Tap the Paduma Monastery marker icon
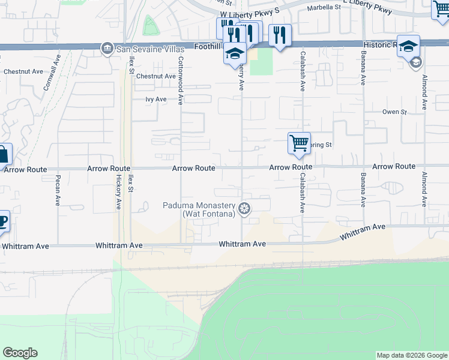(x=244, y=208)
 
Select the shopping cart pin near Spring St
(x=299, y=143)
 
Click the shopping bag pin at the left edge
(x=3, y=155)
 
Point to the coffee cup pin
(x=2, y=221)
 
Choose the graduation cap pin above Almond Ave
(x=408, y=46)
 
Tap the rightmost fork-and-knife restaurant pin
(x=280, y=35)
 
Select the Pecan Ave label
(x=58, y=191)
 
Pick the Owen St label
(x=395, y=112)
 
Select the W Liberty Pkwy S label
(x=250, y=13)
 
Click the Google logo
(x=20, y=353)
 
